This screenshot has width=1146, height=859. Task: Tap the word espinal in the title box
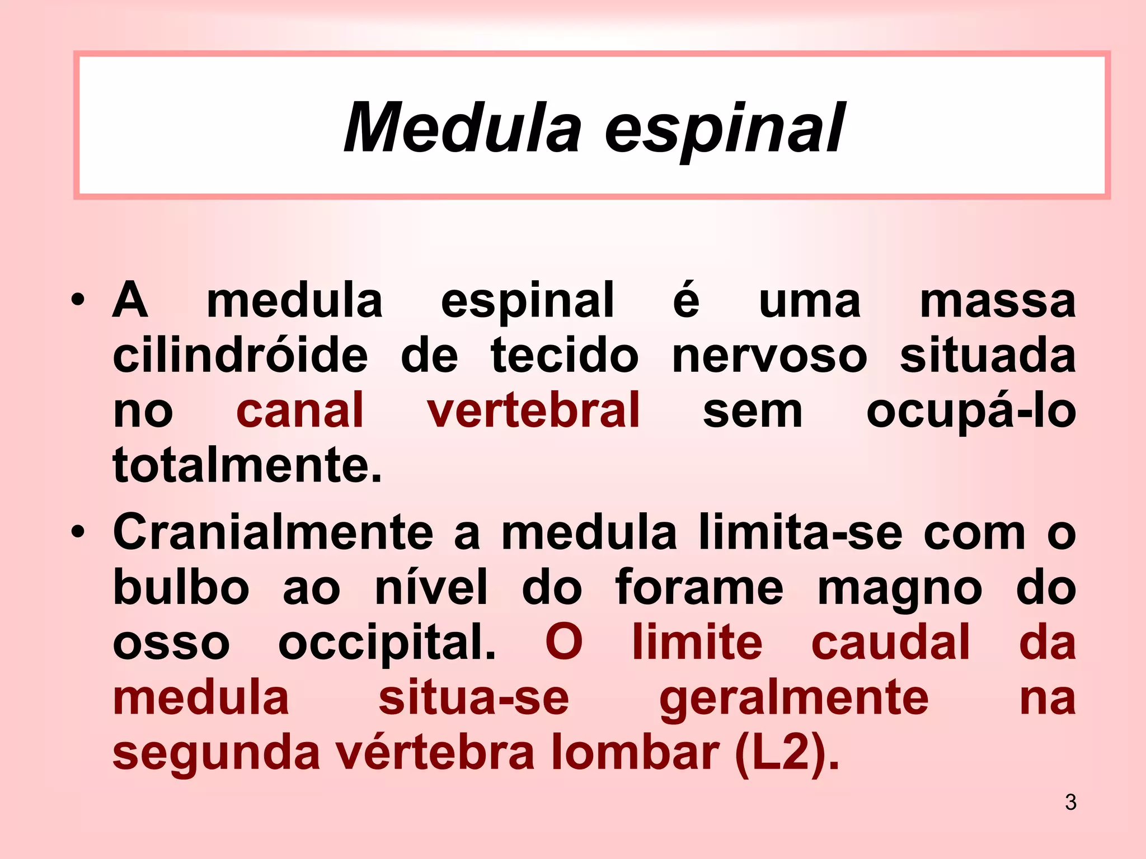[x=724, y=130]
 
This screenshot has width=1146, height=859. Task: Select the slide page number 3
[x=1070, y=803]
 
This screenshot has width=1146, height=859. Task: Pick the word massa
[x=997, y=301]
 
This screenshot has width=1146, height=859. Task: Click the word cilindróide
[x=241, y=356]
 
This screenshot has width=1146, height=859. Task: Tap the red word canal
[x=300, y=410]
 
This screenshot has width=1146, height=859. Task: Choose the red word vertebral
[x=533, y=410]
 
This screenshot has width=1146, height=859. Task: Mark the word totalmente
[x=247, y=465]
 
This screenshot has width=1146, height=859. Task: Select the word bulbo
[x=181, y=587]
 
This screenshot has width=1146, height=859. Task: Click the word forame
[x=699, y=587]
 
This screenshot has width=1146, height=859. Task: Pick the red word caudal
[x=890, y=642]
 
